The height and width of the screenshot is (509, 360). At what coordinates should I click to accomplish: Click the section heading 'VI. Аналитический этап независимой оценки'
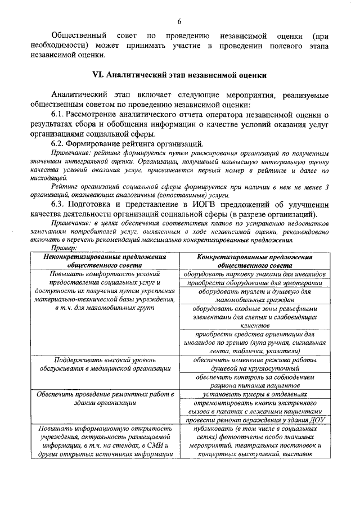179,75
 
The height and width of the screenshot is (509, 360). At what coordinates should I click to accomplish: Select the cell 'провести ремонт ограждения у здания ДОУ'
254,420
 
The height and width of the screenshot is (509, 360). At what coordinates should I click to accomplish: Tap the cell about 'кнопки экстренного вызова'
254,407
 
